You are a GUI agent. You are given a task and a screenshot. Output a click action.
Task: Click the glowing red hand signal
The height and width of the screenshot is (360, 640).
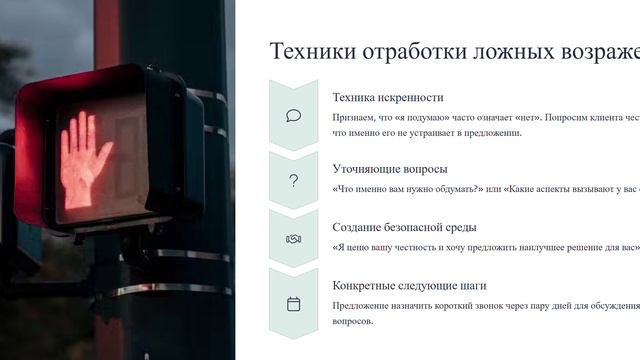87,160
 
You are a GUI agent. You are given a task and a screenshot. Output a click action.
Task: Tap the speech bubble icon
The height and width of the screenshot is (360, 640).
293,115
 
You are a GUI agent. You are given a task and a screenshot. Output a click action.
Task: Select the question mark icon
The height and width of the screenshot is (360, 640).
293,180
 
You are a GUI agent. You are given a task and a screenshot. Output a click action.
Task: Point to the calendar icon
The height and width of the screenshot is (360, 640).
293,303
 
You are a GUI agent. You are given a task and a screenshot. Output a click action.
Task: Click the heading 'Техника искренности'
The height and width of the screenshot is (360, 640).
387,98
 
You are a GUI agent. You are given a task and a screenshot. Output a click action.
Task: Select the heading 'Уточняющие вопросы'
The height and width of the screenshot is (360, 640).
389,169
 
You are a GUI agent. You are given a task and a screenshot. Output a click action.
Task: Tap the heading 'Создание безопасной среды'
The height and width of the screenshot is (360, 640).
404,227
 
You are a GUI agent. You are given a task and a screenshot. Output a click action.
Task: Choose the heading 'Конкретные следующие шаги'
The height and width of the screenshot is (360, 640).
410,285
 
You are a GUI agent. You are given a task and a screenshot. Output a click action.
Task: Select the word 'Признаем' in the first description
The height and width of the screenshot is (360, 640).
355,117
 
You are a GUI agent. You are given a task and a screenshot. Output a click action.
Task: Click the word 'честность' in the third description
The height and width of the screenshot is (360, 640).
428,246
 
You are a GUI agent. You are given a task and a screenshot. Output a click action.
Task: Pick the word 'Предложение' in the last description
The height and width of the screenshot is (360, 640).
362,305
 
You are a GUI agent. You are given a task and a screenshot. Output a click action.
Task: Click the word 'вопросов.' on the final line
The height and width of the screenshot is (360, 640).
353,321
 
